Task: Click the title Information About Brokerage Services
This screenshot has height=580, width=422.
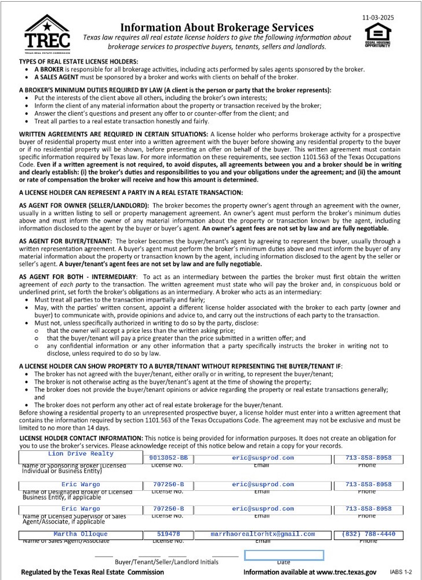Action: click(217, 27)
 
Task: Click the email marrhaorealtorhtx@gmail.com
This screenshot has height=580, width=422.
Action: click(263, 534)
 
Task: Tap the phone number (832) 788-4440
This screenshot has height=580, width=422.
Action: click(369, 534)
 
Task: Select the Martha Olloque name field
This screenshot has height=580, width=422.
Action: click(81, 534)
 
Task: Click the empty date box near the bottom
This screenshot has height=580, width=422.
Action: click(283, 555)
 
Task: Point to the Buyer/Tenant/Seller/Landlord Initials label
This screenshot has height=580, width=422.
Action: click(166, 562)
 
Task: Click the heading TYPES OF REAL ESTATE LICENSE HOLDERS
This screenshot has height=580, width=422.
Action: click(78, 61)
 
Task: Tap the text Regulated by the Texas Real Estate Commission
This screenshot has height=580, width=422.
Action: click(92, 572)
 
